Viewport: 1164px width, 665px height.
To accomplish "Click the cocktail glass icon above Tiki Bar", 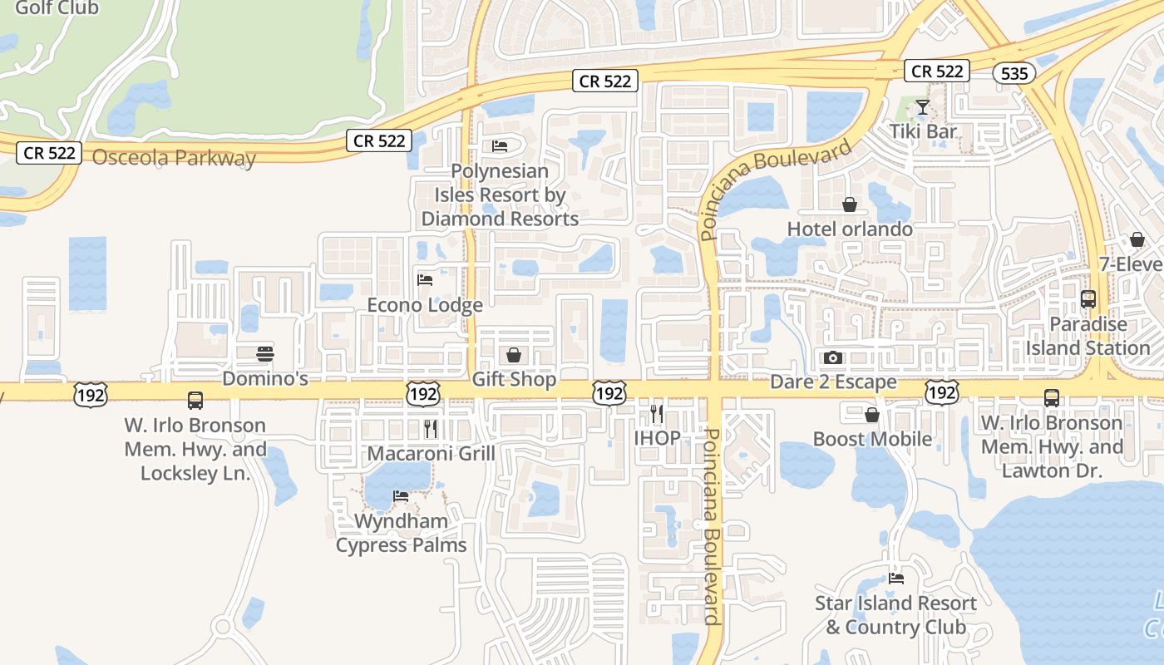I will (x=922, y=107).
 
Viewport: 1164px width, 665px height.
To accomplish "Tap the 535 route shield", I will (x=1014, y=73).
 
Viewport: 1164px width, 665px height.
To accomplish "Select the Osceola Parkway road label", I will (x=174, y=158).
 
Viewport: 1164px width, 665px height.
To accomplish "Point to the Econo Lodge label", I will (x=425, y=305).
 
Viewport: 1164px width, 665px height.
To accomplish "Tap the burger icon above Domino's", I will (x=265, y=354).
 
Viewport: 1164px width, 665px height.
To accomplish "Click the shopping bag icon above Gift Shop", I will (x=514, y=356).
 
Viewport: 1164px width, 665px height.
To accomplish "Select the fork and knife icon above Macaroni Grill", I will (x=431, y=429).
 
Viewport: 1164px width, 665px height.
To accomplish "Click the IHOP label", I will (x=657, y=437).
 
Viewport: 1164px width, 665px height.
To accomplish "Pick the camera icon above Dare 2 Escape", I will (x=833, y=358).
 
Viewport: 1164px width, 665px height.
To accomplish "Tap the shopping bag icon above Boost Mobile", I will (x=872, y=415).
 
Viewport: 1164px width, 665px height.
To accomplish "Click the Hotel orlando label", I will (x=850, y=229).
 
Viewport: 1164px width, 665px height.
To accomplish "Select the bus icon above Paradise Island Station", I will (x=1088, y=299).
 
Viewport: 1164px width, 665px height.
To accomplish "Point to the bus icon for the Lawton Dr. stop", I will (x=1052, y=398).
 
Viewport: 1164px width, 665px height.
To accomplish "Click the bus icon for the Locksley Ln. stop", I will (x=195, y=401).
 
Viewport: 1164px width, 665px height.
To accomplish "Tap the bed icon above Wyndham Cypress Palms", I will (x=401, y=496).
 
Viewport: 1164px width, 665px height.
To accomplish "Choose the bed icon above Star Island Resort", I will (x=895, y=578).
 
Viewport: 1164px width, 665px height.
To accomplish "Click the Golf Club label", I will (x=57, y=8).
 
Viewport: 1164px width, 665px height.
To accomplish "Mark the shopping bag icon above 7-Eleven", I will (x=1137, y=239).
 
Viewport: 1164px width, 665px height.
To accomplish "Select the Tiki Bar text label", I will (x=923, y=131).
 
